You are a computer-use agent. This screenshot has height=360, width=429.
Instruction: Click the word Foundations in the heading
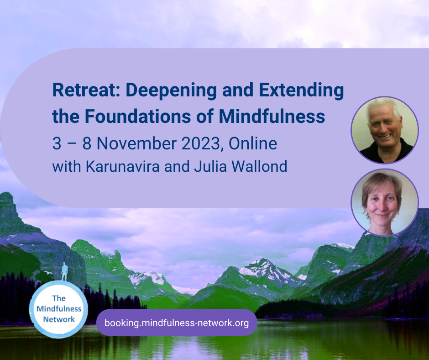click(138, 116)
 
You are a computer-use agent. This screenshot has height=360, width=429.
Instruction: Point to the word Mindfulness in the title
click(272, 116)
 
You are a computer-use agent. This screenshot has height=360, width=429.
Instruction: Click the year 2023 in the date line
click(201, 143)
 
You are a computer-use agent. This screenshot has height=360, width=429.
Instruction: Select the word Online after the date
click(253, 143)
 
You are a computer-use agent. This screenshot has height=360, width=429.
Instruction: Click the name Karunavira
click(123, 166)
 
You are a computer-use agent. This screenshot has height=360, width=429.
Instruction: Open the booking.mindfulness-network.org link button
click(177, 323)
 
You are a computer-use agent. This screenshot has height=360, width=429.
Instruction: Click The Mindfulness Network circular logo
click(58, 309)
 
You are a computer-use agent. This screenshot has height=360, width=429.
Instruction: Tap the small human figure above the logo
click(64, 271)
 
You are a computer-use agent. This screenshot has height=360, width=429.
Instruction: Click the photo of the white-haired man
click(385, 130)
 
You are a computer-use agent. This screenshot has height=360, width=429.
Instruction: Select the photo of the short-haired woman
click(385, 202)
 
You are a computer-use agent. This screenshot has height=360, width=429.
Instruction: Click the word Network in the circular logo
click(59, 319)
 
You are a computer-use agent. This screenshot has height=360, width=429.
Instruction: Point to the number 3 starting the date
click(57, 143)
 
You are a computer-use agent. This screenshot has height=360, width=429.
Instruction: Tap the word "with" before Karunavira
click(67, 166)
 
